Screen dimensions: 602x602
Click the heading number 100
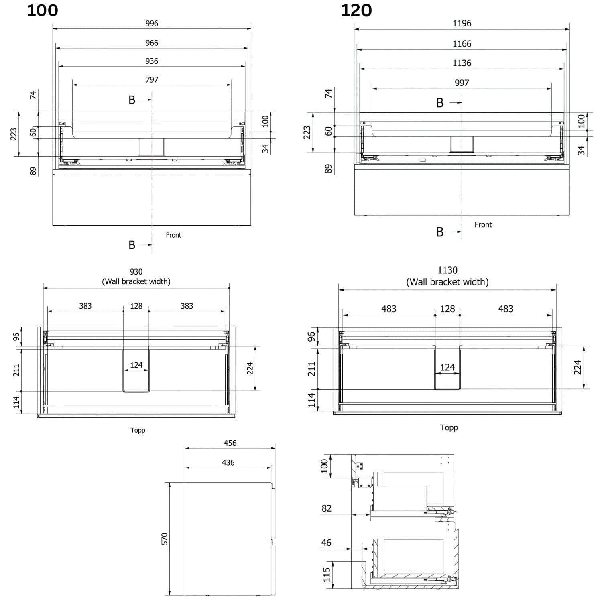click(43, 10)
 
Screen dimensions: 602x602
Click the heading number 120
click(356, 10)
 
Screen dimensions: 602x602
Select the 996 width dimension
click(152, 23)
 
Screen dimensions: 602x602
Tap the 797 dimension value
click(152, 79)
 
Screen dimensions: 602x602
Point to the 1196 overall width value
click(462, 23)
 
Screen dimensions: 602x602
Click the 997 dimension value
click(462, 83)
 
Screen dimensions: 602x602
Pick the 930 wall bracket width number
click(136, 272)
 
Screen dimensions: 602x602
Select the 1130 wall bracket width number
click(447, 270)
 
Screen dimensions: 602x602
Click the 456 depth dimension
click(230, 443)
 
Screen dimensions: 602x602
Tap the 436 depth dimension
click(228, 462)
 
